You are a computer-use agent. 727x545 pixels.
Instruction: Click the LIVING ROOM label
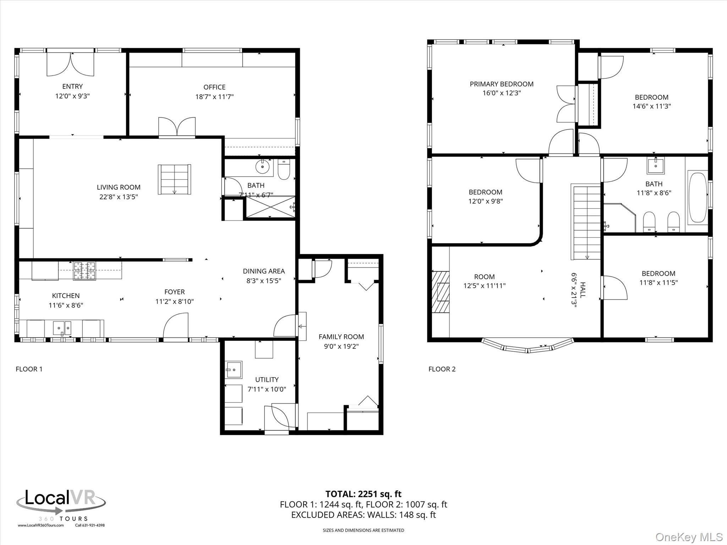(119, 187)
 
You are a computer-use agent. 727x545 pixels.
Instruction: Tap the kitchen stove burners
(84, 271)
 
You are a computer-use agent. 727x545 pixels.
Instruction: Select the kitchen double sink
(62, 328)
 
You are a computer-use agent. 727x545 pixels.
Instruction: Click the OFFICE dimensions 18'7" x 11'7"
(214, 97)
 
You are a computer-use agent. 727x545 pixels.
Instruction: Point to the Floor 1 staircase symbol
(174, 179)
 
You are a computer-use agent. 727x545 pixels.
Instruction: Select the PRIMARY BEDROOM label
(501, 84)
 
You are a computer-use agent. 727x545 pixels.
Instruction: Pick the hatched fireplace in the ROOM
(441, 292)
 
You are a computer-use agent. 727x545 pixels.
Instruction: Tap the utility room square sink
(234, 370)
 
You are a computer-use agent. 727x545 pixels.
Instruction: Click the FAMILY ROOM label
(341, 337)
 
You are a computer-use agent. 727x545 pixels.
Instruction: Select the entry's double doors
(71, 64)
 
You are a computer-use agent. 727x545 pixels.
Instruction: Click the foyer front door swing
(175, 326)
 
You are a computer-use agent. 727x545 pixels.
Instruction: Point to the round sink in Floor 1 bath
(262, 166)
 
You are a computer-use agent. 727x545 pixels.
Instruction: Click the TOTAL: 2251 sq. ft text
(363, 494)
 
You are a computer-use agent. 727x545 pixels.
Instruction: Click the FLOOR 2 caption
(442, 369)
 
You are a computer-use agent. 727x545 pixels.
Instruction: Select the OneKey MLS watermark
(689, 537)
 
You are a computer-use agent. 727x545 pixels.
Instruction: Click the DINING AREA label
(263, 271)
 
